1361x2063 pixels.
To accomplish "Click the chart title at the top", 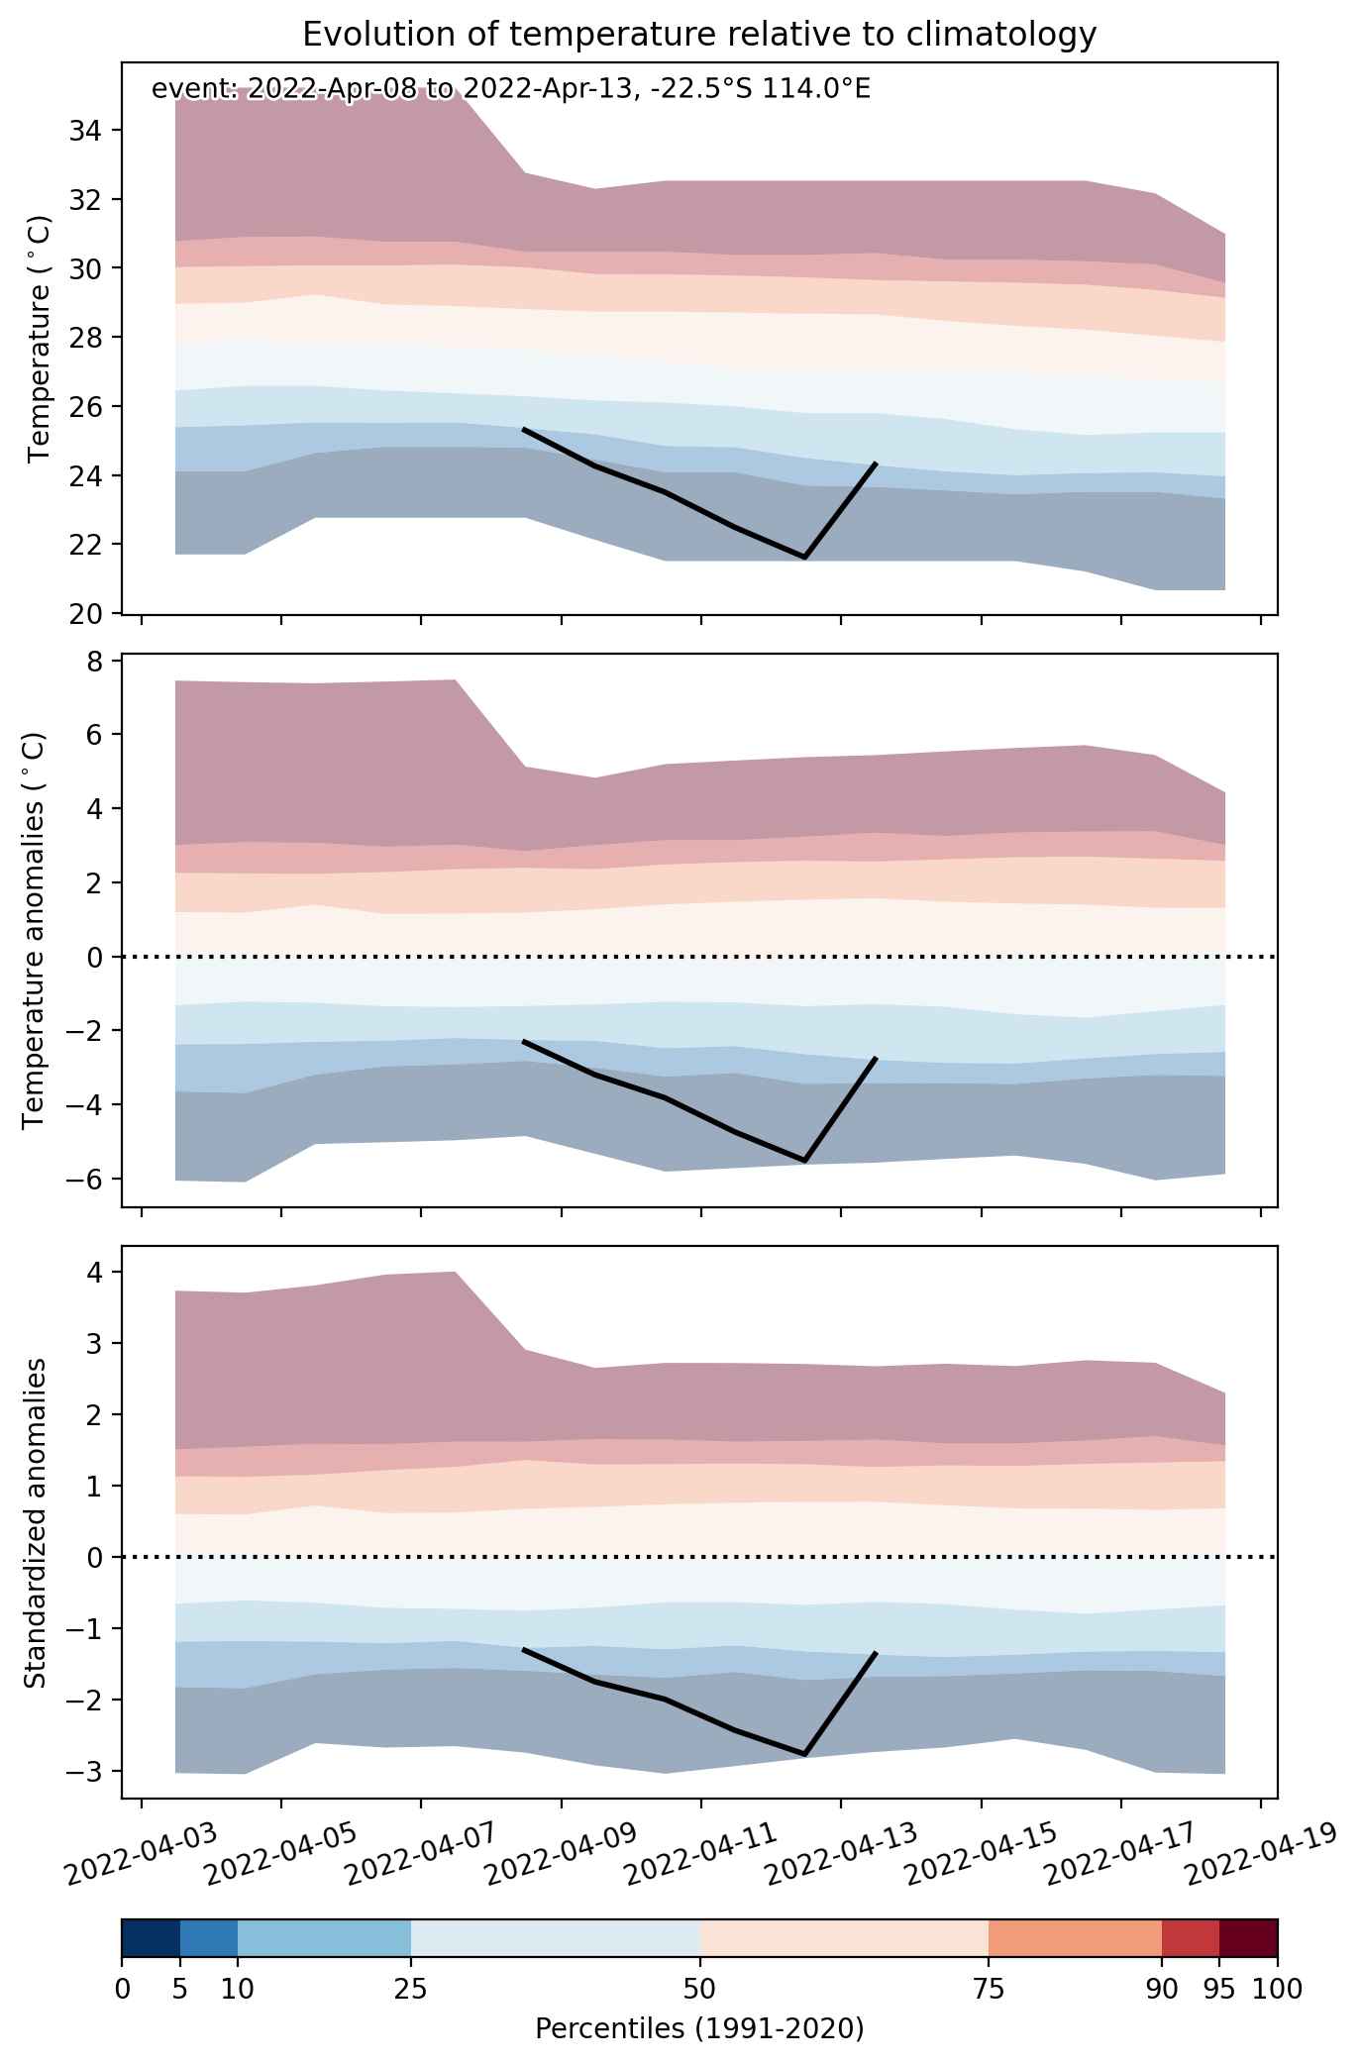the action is tap(699, 35).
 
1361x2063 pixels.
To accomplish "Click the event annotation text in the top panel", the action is tap(510, 89).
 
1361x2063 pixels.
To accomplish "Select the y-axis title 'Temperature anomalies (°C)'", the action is tap(35, 931).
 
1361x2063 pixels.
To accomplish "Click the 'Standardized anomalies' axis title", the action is tap(35, 1522).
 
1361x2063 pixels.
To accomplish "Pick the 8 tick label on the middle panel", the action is tap(98, 661).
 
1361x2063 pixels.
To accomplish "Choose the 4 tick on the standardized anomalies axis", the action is tap(98, 1271).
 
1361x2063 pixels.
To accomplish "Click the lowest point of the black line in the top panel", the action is tap(804, 558).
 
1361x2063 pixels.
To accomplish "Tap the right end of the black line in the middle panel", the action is tap(876, 1058).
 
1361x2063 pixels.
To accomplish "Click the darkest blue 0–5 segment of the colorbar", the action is tap(151, 1938).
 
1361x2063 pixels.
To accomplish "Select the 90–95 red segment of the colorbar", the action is tap(1191, 1938).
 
